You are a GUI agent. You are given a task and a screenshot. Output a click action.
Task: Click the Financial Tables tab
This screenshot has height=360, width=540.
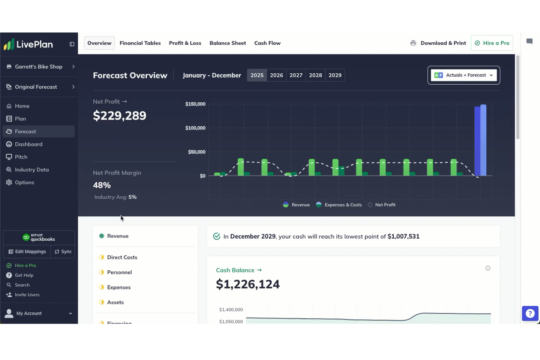(140, 43)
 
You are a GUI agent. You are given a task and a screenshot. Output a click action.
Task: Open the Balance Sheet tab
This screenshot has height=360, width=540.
(228, 43)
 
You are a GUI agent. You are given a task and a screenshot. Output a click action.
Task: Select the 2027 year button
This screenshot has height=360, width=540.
(296, 75)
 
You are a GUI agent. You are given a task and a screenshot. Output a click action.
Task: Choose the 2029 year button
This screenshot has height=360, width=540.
(335, 75)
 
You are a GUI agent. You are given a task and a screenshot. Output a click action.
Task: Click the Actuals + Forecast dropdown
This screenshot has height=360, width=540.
(463, 75)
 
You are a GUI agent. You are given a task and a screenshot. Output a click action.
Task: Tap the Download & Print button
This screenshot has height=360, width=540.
(438, 43)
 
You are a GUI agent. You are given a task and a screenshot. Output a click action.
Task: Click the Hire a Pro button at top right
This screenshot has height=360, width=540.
(492, 43)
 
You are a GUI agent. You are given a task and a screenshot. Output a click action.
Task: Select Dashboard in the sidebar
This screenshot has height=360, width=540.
(28, 144)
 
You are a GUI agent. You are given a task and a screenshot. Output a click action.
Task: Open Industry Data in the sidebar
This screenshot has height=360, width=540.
(32, 170)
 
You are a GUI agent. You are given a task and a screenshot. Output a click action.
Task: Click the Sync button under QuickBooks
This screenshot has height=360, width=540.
(63, 252)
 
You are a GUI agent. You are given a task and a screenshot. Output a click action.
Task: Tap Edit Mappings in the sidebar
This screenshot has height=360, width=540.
(27, 252)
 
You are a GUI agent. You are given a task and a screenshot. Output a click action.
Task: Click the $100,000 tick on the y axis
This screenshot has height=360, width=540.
(195, 128)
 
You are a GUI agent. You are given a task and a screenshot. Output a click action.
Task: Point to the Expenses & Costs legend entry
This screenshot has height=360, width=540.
(339, 205)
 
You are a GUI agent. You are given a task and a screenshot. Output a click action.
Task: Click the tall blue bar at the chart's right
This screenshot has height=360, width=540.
(480, 140)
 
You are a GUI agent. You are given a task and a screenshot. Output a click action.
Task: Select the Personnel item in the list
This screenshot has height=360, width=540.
(119, 272)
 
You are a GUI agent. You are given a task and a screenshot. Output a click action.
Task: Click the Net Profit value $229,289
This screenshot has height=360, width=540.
(120, 116)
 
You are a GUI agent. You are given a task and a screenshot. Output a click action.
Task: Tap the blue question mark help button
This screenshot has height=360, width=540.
(530, 313)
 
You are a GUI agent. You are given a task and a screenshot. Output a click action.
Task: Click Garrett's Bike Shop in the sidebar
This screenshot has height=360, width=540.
(39, 67)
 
